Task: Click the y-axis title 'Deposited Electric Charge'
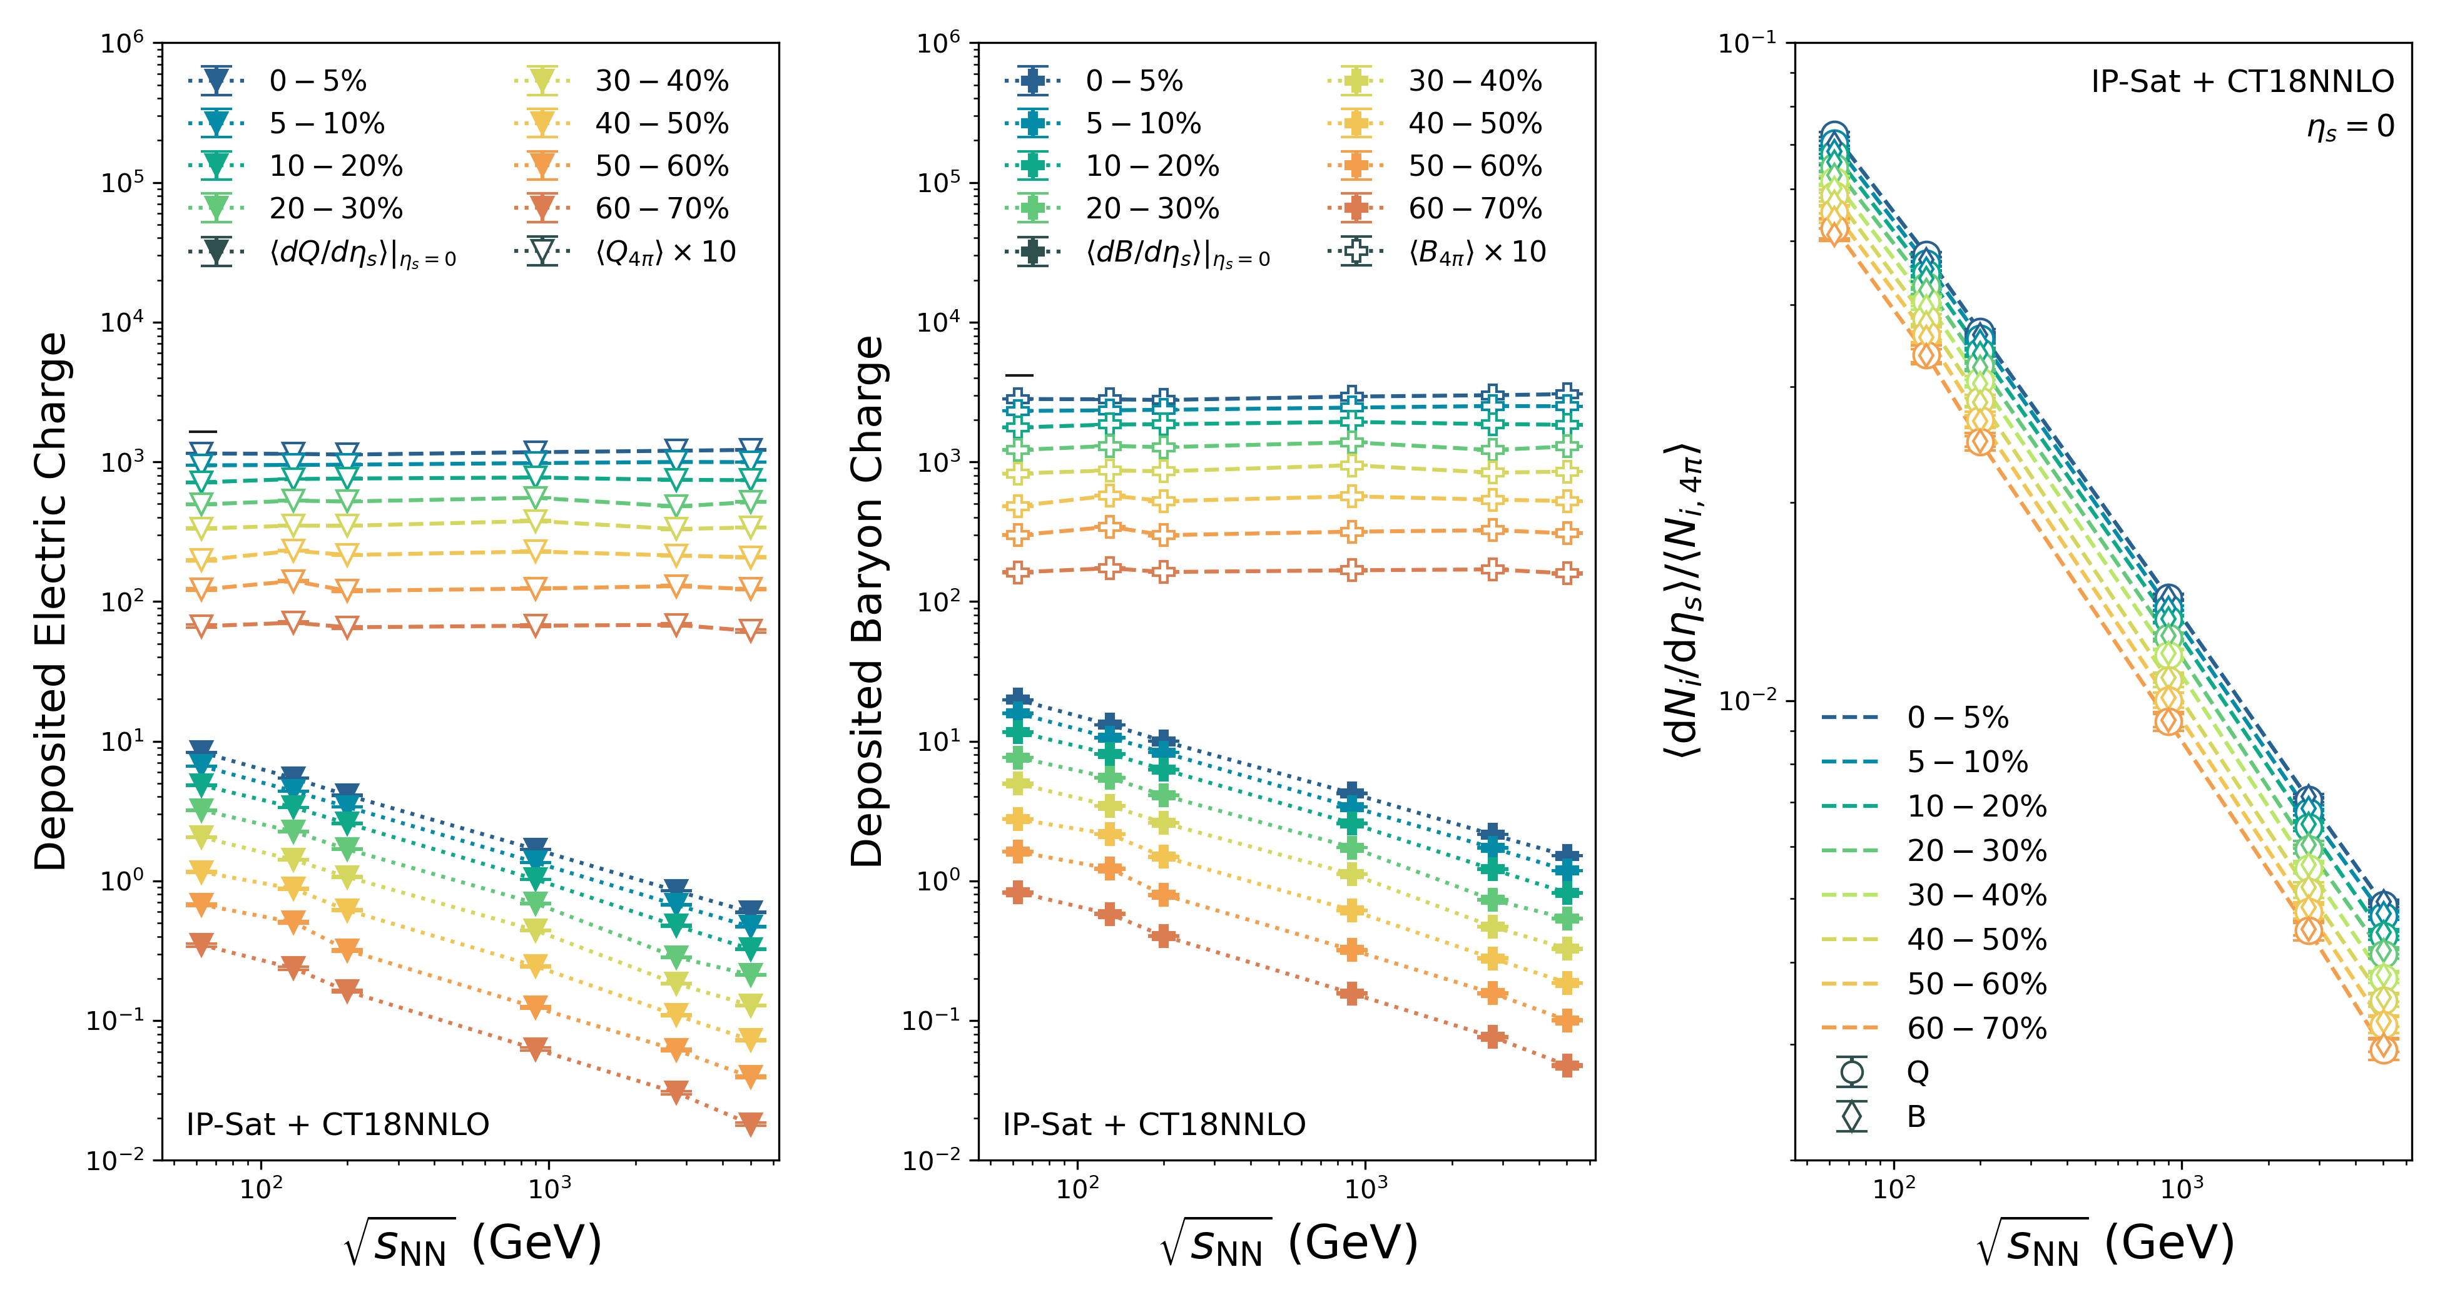52,601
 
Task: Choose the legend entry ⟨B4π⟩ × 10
1477,252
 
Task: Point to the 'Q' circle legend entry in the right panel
1917,1071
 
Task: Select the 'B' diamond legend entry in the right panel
1915,1116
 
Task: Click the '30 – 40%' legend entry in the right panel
1977,894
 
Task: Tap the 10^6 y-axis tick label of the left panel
123,44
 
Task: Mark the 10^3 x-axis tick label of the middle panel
1365,1188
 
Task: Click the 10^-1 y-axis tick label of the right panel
1747,44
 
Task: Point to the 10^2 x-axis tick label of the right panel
1893,1188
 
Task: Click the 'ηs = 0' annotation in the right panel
2350,126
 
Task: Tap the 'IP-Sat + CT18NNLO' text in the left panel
337,1124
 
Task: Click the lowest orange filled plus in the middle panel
1568,1066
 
